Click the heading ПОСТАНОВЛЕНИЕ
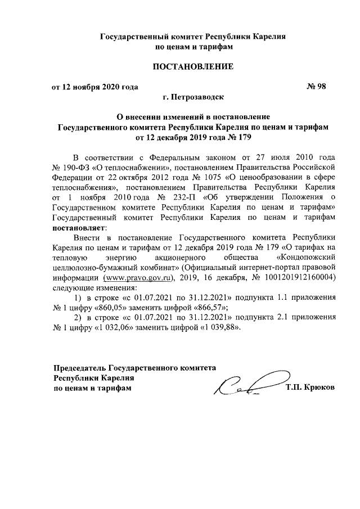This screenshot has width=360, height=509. pyautogui.click(x=193, y=68)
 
